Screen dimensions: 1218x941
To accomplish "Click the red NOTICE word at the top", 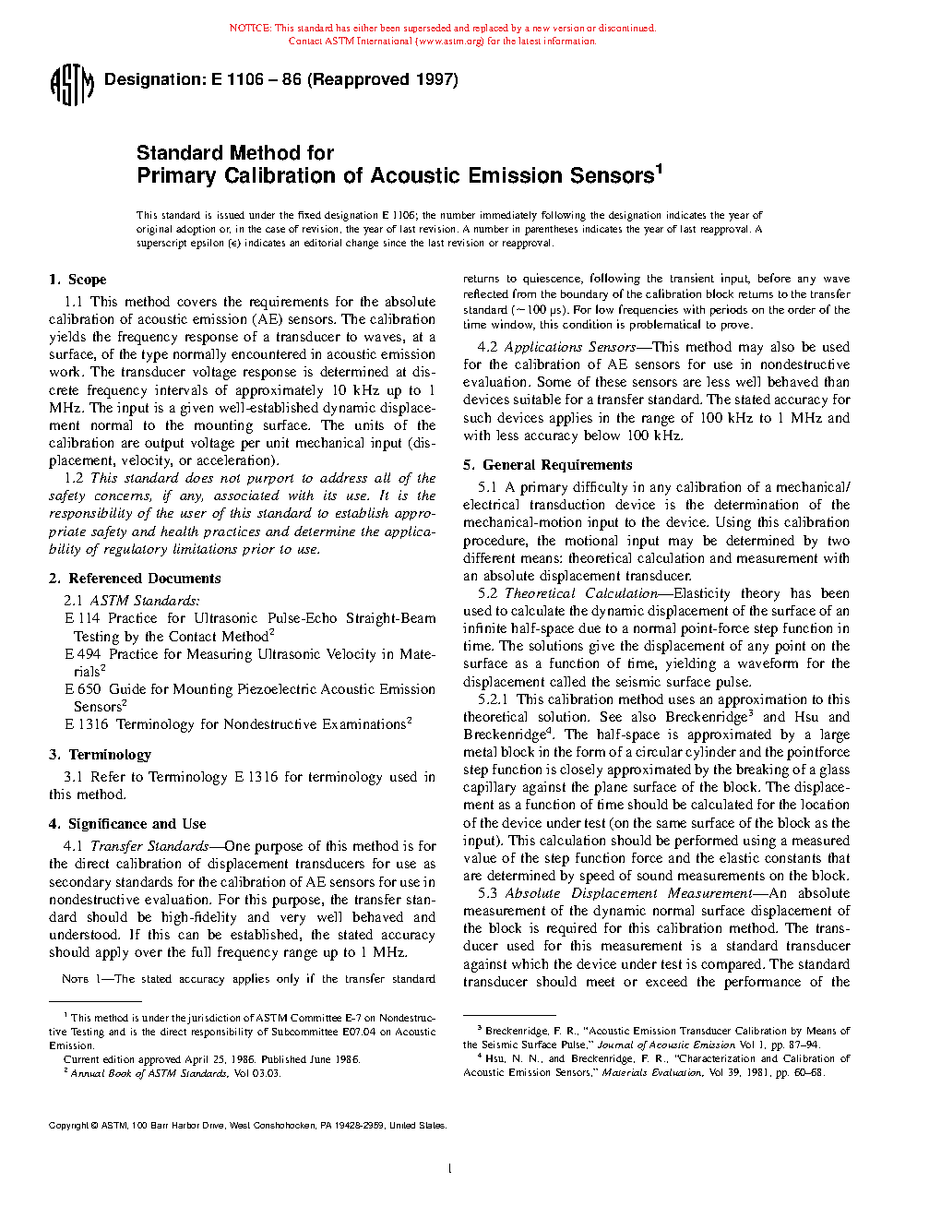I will [249, 29].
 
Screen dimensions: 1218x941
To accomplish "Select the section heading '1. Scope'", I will [77, 280].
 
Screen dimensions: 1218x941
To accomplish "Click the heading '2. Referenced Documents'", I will [135, 579].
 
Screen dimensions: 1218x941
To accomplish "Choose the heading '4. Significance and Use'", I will [127, 824].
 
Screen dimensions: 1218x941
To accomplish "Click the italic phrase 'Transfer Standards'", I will [149, 846].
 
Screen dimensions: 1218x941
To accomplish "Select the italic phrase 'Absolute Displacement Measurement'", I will [627, 893].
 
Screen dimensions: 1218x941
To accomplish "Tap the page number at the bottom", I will [449, 1169].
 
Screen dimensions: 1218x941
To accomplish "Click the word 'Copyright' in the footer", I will [68, 1126].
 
